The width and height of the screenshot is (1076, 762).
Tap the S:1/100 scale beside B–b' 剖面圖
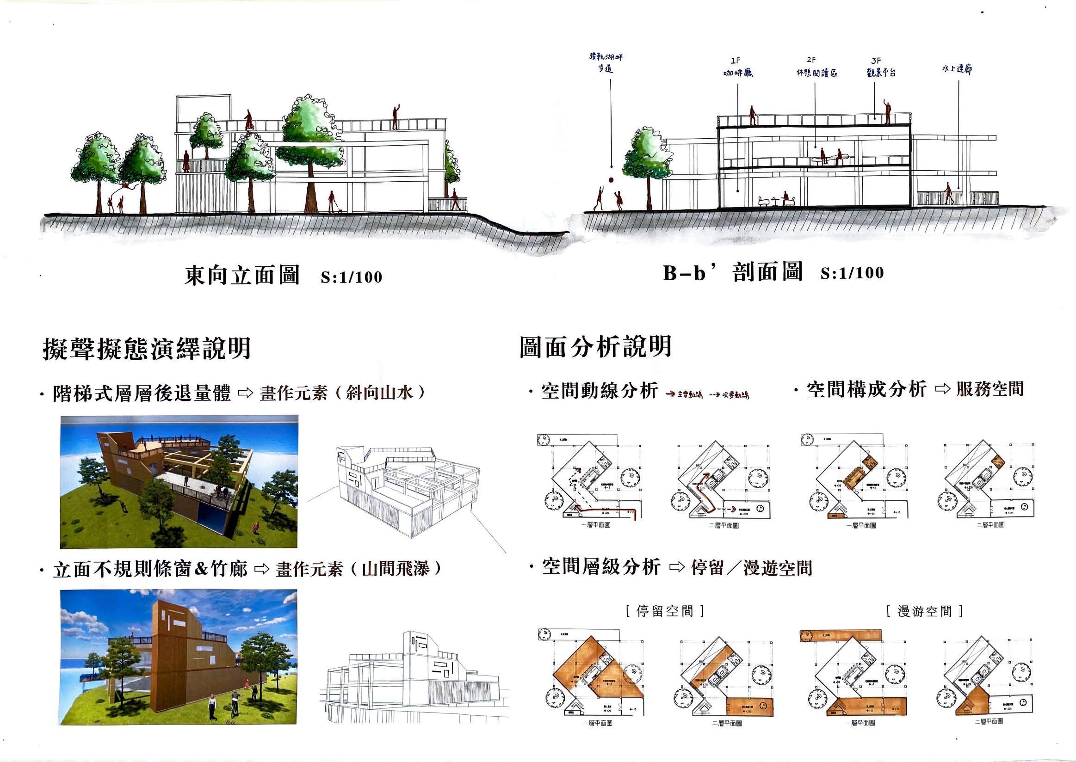click(x=852, y=273)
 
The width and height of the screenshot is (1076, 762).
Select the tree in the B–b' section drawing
click(x=647, y=160)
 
